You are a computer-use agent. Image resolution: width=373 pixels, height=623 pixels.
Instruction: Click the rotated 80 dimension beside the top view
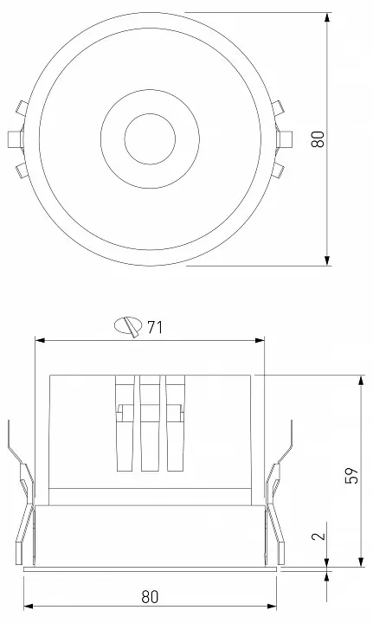[x=318, y=139]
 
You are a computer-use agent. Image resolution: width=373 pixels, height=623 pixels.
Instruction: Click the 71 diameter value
[x=155, y=327]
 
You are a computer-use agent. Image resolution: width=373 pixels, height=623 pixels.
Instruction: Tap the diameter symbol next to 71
[x=128, y=326]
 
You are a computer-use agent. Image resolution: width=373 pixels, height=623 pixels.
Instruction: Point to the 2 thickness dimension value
[x=318, y=536]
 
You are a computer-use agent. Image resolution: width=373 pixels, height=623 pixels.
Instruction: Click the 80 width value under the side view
[x=150, y=597]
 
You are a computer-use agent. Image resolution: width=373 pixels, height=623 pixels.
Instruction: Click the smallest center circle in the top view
[x=150, y=138]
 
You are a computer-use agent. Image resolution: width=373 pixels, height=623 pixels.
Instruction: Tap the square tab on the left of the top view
[x=15, y=138]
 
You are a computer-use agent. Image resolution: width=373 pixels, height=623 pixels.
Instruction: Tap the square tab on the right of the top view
[x=285, y=138]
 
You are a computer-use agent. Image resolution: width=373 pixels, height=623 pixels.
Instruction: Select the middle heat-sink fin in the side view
[x=151, y=423]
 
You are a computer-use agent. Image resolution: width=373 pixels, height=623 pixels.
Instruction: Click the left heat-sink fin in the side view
[x=125, y=423]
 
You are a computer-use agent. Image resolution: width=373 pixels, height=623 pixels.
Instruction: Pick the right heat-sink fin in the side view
[x=176, y=423]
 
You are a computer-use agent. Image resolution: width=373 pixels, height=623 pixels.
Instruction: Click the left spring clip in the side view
[x=22, y=492]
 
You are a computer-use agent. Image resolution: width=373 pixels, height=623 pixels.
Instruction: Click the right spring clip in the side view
[x=278, y=492]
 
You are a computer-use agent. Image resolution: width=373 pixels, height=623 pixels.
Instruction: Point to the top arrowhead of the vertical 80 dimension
[x=327, y=17]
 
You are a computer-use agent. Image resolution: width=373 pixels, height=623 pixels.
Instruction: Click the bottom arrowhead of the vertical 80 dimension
[x=327, y=260]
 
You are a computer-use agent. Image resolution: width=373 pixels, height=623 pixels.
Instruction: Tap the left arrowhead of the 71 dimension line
[x=41, y=340]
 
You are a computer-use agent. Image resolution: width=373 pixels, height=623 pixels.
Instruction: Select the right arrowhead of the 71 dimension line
[x=260, y=340]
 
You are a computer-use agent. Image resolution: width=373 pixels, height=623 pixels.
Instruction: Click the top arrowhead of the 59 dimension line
[x=361, y=380]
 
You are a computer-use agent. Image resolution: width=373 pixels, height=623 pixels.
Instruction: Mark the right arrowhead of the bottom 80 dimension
[x=271, y=607]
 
